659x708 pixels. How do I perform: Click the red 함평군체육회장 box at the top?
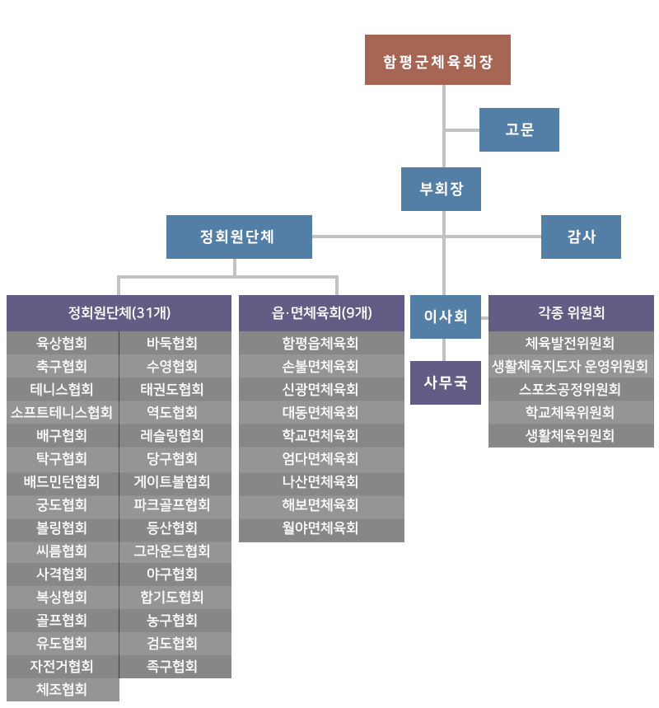click(x=437, y=59)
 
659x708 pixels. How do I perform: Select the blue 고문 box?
click(x=519, y=129)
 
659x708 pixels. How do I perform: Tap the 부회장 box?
click(x=441, y=189)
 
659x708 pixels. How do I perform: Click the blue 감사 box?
click(x=581, y=237)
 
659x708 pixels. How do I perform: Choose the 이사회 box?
click(x=446, y=316)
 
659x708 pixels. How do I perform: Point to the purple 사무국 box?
click(x=446, y=382)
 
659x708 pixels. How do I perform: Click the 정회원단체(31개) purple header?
click(x=119, y=313)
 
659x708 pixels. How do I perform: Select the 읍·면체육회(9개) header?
click(x=321, y=313)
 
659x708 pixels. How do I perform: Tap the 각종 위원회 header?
click(x=571, y=313)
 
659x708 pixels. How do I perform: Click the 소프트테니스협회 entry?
click(x=63, y=412)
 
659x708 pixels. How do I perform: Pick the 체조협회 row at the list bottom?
click(x=63, y=690)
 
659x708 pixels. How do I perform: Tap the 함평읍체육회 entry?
click(x=321, y=343)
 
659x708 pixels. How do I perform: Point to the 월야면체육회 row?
click(x=321, y=527)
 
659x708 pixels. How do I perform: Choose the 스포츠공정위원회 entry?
click(x=571, y=389)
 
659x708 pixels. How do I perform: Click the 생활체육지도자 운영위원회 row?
click(x=571, y=366)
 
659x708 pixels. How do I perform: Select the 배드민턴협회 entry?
click(x=63, y=482)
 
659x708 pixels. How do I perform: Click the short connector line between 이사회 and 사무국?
click(x=444, y=350)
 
